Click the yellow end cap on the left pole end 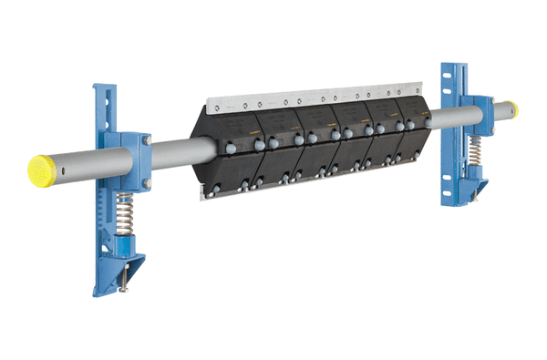[x=41, y=169]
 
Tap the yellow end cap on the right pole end [x=511, y=109]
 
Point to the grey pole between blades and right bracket [x=446, y=118]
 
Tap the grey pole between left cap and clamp [x=87, y=165]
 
